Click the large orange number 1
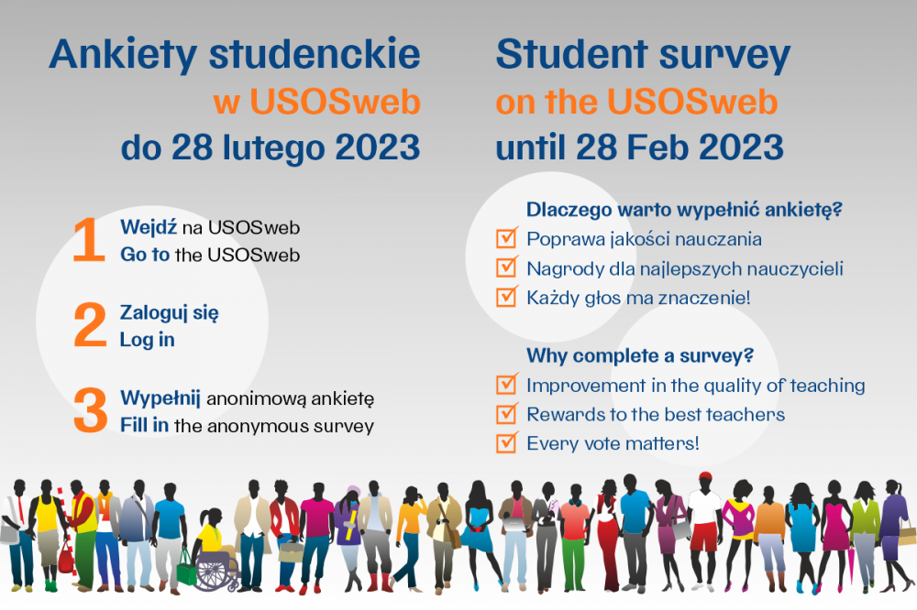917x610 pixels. click(90, 239)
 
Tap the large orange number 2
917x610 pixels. click(90, 324)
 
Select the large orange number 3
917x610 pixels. click(91, 410)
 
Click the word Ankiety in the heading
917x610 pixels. click(124, 55)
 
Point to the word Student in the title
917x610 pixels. click(572, 54)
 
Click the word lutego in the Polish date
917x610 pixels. click(272, 147)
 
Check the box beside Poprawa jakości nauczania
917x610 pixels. click(506, 238)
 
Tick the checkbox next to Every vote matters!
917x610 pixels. click(506, 442)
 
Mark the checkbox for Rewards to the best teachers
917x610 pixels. click(506, 413)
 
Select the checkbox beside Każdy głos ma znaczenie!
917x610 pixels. click(506, 296)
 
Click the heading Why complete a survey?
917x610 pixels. click(640, 355)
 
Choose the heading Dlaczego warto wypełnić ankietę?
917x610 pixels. click(684, 210)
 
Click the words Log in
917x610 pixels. click(148, 340)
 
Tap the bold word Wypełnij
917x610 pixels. click(160, 398)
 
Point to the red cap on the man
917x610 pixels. click(705, 475)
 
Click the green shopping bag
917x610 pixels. click(186, 571)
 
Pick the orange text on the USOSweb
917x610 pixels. click(637, 102)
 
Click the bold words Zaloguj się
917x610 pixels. click(170, 313)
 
